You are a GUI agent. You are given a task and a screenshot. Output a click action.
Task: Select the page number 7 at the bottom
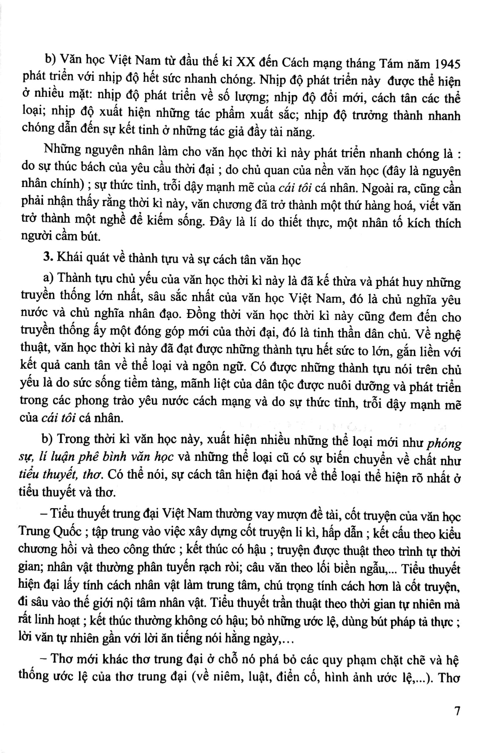tap(457, 712)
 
